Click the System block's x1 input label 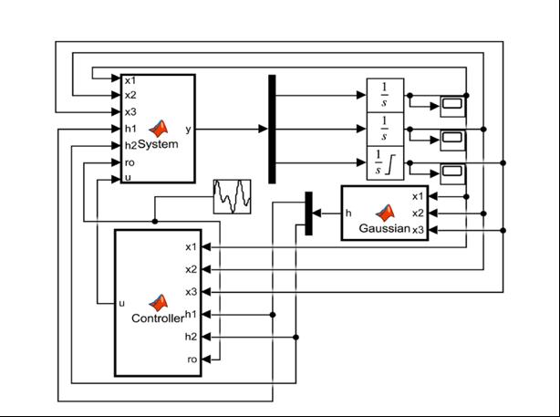click(130, 80)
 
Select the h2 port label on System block click(130, 145)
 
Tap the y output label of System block click(188, 129)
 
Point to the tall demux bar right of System click(272, 129)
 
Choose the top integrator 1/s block click(384, 94)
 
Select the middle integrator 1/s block click(384, 129)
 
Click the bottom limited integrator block click(384, 164)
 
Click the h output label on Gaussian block click(348, 212)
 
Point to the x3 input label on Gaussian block click(418, 229)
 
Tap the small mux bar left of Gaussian click(308, 213)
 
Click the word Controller click(157, 318)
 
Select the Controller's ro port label click(192, 360)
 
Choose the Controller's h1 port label click(192, 314)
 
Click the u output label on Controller click(121, 302)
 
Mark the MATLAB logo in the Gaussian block click(386, 212)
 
